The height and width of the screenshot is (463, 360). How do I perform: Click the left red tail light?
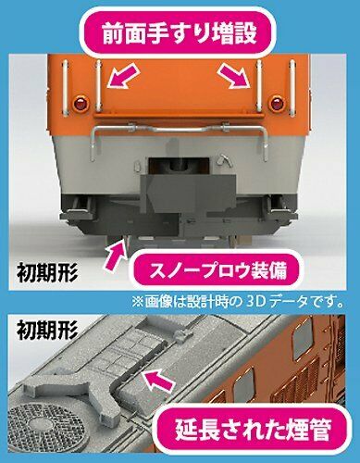click(x=81, y=99)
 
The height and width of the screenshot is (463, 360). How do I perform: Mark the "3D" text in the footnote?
click(x=266, y=301)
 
